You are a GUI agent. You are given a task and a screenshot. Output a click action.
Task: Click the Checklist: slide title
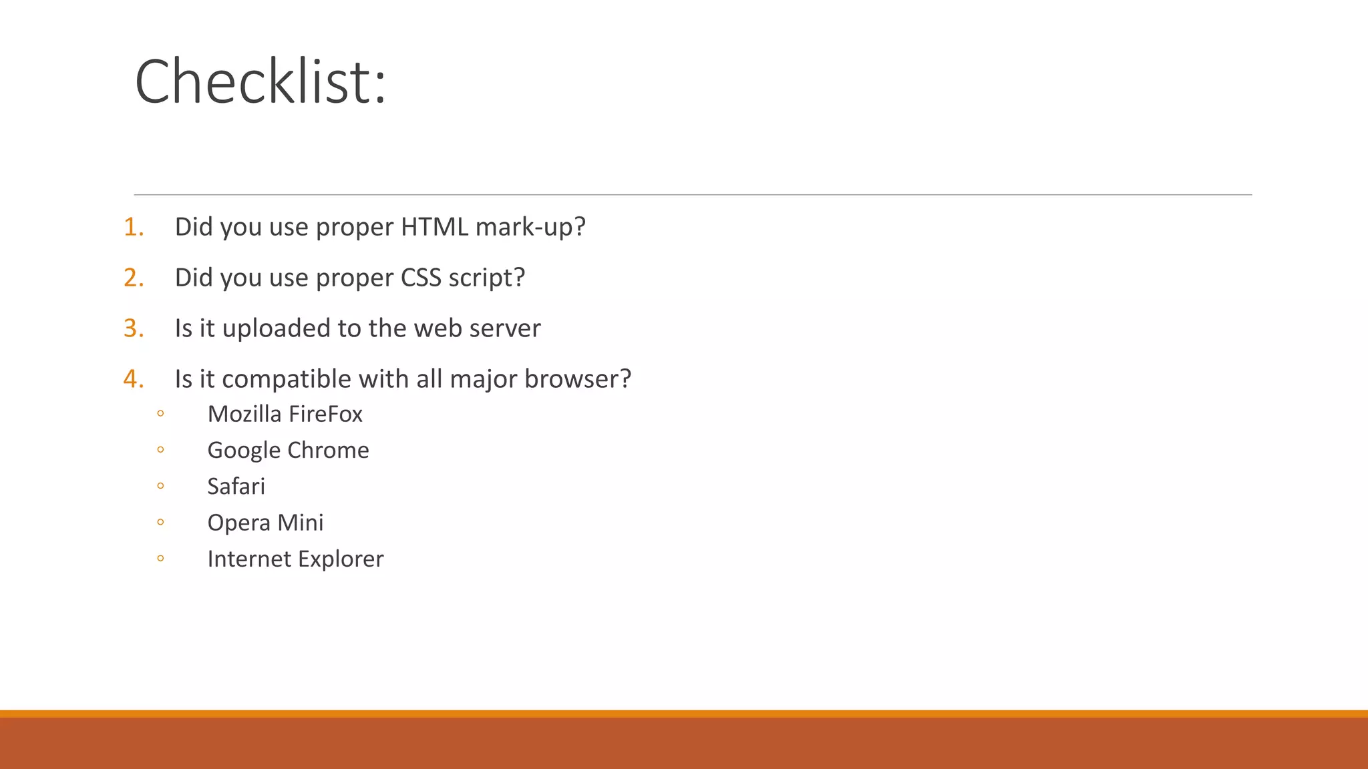pyautogui.click(x=261, y=81)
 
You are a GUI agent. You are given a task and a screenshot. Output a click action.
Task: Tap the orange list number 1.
pyautogui.click(x=134, y=227)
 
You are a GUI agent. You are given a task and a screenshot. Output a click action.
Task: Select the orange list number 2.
pyautogui.click(x=134, y=278)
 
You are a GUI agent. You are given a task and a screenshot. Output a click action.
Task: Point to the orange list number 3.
pyautogui.click(x=134, y=328)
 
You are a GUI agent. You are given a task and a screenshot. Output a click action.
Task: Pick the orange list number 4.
pyautogui.click(x=134, y=379)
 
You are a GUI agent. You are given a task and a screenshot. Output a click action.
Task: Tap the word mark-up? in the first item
pyautogui.click(x=530, y=227)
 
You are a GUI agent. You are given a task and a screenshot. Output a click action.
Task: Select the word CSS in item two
pyautogui.click(x=421, y=278)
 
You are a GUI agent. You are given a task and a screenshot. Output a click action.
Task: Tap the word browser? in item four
pyautogui.click(x=578, y=379)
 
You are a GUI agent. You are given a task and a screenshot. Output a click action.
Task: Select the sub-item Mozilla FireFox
pyautogui.click(x=285, y=415)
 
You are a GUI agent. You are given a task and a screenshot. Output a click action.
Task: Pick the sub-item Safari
pyautogui.click(x=236, y=487)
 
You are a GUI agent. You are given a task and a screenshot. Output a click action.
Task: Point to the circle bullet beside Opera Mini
pyautogui.click(x=160, y=522)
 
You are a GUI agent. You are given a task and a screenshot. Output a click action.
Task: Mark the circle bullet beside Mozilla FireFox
pyautogui.click(x=160, y=414)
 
